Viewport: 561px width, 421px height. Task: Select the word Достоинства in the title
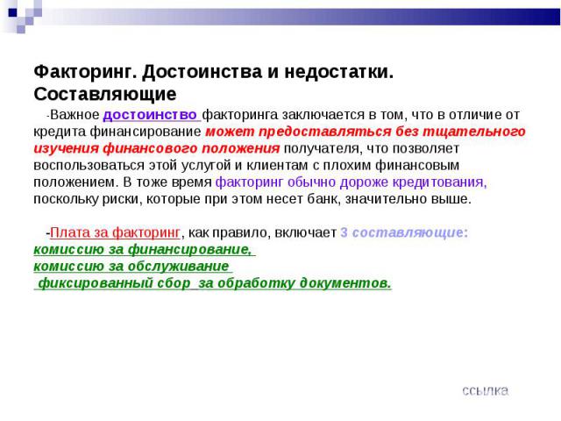click(x=202, y=72)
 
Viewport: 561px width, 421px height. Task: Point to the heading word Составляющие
click(x=105, y=94)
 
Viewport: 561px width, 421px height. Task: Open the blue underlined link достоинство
click(x=150, y=115)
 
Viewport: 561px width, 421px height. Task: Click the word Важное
click(x=75, y=115)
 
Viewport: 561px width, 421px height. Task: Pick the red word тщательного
click(x=474, y=132)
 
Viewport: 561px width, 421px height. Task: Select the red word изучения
click(x=66, y=148)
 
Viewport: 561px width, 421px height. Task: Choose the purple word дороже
click(x=364, y=182)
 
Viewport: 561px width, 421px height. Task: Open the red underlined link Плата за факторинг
click(x=115, y=232)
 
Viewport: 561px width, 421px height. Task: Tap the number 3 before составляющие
click(x=344, y=232)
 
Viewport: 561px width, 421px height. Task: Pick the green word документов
click(x=345, y=283)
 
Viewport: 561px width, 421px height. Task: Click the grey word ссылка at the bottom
click(x=485, y=390)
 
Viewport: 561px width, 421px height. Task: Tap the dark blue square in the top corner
click(x=13, y=12)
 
